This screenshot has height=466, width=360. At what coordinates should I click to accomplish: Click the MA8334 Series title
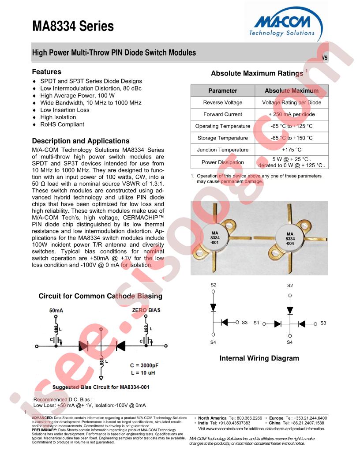click(73, 26)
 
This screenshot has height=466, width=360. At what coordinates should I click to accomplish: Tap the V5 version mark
click(325, 58)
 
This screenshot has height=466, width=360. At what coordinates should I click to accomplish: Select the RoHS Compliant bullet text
click(62, 124)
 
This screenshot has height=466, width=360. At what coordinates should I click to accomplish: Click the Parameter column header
click(223, 90)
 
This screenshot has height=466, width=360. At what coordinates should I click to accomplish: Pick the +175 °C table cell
click(292, 150)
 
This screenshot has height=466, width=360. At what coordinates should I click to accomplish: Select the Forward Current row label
click(223, 114)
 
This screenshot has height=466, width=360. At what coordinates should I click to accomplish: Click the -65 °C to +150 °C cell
click(292, 138)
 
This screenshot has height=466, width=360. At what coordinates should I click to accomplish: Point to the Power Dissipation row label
click(223, 162)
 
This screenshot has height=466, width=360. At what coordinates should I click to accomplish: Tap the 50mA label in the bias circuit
click(56, 310)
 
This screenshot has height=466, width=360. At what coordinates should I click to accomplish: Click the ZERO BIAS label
click(146, 310)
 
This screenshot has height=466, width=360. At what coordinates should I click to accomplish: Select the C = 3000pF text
click(144, 365)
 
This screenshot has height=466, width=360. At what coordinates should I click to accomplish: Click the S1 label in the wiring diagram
click(256, 323)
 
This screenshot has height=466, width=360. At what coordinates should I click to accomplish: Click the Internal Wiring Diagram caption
click(259, 358)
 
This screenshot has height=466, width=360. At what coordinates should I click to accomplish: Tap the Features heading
click(47, 71)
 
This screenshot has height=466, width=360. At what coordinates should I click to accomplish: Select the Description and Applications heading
click(81, 141)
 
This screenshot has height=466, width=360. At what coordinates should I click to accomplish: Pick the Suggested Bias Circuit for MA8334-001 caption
click(101, 387)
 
